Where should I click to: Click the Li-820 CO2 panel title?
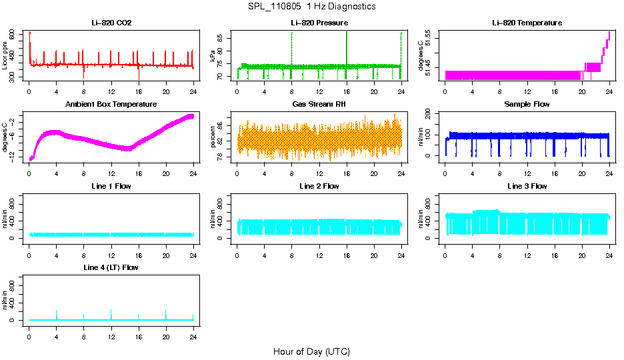pyautogui.click(x=111, y=23)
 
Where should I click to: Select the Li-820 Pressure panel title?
pyautogui.click(x=319, y=23)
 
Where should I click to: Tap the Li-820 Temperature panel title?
pyautogui.click(x=527, y=23)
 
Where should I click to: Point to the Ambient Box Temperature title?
pyautogui.click(x=111, y=104)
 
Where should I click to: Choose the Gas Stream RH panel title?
pyautogui.click(x=319, y=104)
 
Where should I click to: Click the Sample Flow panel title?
pyautogui.click(x=527, y=104)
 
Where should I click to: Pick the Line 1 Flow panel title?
pyautogui.click(x=111, y=186)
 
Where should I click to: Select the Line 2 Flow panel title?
pyautogui.click(x=319, y=186)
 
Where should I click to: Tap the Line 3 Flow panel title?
pyautogui.click(x=527, y=186)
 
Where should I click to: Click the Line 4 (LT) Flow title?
pyautogui.click(x=111, y=267)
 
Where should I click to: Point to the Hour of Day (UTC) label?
pyautogui.click(x=311, y=351)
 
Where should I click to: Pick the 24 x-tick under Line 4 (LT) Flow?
pyautogui.click(x=193, y=337)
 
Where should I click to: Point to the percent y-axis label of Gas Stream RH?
pyautogui.click(x=213, y=137)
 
